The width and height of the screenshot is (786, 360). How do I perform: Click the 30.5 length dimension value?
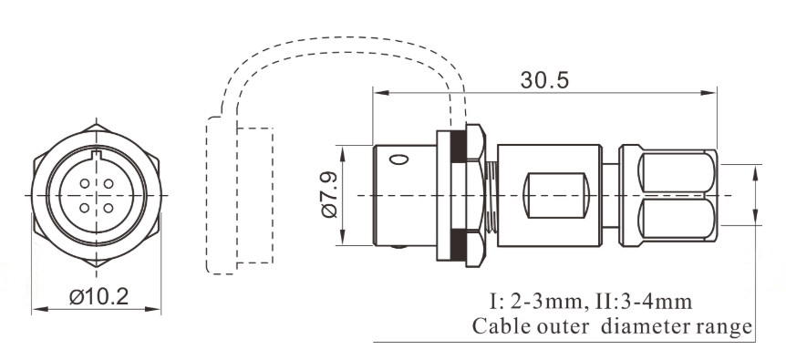(x=544, y=80)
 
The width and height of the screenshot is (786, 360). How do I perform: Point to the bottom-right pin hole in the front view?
(x=108, y=207)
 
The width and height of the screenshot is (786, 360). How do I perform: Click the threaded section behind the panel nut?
(x=491, y=196)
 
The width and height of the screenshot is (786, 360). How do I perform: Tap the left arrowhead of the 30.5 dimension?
(x=377, y=92)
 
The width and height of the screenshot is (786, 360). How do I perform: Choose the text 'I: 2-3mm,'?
(x=532, y=301)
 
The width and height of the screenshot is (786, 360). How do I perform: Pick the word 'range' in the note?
(x=727, y=326)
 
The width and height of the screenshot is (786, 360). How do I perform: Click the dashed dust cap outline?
(x=239, y=196)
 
